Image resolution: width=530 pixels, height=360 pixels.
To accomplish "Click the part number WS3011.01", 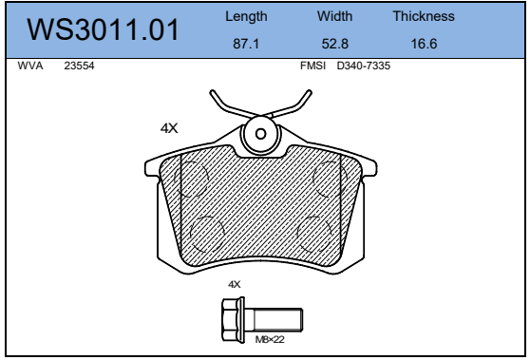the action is pyautogui.click(x=103, y=29).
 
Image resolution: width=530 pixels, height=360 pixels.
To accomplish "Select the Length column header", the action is pyautogui.click(x=246, y=16).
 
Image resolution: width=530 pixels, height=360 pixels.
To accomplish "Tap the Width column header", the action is pyautogui.click(x=334, y=16).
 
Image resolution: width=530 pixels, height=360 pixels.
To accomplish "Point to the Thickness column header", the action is pyautogui.click(x=424, y=16).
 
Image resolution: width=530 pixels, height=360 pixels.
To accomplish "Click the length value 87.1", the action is pyautogui.click(x=246, y=44).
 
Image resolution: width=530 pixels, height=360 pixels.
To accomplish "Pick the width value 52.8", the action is pyautogui.click(x=334, y=44).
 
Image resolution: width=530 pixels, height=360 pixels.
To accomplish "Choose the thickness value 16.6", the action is pyautogui.click(x=424, y=44).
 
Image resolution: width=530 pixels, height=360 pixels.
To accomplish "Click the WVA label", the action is pyautogui.click(x=30, y=66).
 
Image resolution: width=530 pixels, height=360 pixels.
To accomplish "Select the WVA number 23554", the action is pyautogui.click(x=79, y=66).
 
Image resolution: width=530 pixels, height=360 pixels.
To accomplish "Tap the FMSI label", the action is pyautogui.click(x=313, y=66).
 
